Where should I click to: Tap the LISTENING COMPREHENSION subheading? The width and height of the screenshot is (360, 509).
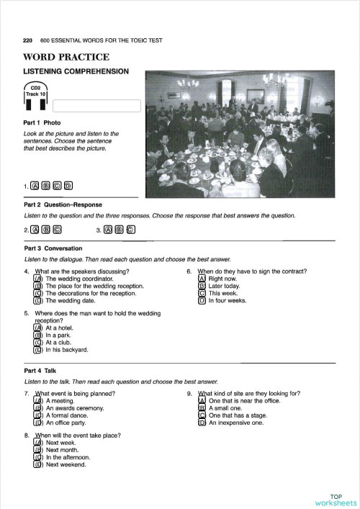(x=76, y=71)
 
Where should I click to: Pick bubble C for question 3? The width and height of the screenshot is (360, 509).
(x=130, y=230)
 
